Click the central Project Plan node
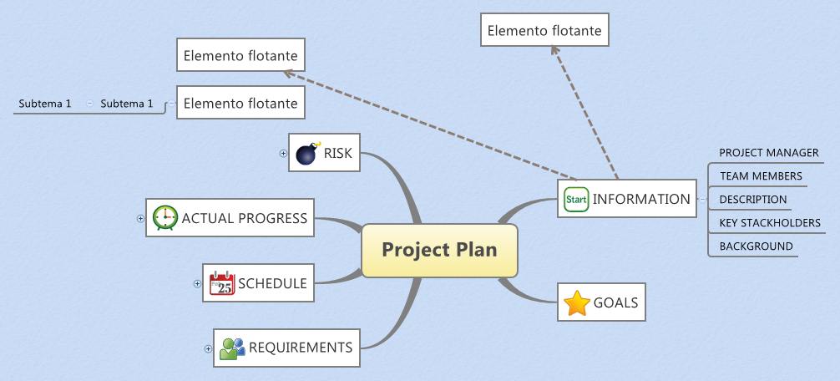coord(439,250)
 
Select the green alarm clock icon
coord(165,217)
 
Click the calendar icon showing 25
coord(222,283)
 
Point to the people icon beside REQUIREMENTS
coord(232,348)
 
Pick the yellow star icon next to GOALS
coord(577,303)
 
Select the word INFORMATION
coord(641,199)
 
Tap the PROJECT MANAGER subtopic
coord(768,153)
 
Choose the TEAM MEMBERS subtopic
coord(761,176)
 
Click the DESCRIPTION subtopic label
coord(752,200)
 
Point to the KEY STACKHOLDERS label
coord(769,223)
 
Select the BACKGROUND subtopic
coord(756,246)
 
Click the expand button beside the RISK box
coord(283,153)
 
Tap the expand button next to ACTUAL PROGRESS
coord(140,218)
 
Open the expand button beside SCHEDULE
coord(197,283)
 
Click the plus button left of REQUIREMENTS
coord(209,348)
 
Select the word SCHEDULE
coord(272,283)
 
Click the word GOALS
coord(615,303)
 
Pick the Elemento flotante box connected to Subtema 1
coord(240,104)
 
